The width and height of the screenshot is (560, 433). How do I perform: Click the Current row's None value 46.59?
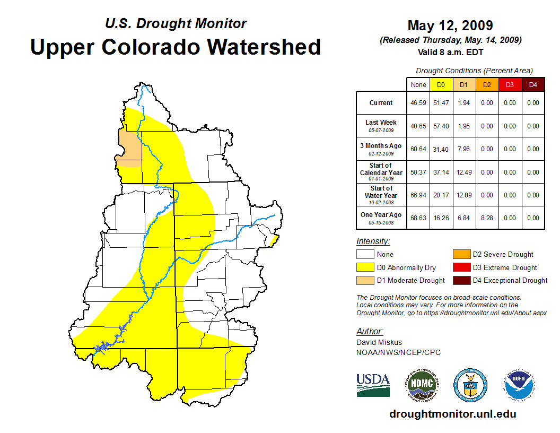(418, 103)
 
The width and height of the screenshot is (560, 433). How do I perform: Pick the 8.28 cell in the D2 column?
(486, 218)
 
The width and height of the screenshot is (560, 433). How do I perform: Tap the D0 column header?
(441, 84)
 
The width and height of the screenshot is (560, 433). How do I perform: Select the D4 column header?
(533, 84)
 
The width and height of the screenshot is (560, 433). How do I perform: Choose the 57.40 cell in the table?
(441, 126)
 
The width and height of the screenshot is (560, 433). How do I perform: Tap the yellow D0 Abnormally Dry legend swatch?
(365, 267)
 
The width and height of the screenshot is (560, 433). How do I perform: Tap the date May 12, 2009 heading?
(450, 25)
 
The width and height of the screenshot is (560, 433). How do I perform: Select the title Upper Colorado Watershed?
(176, 47)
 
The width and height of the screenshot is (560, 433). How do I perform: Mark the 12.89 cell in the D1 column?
(463, 195)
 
